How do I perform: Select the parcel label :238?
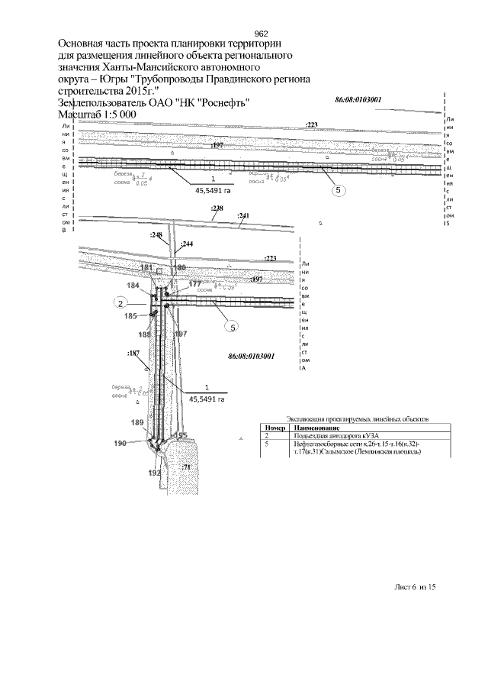(217, 208)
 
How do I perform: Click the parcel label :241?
(244, 216)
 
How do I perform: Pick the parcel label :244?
(187, 244)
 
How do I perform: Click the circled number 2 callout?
(120, 303)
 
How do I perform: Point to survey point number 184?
(133, 286)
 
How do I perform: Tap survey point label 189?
(137, 422)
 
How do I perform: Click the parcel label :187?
(133, 353)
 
